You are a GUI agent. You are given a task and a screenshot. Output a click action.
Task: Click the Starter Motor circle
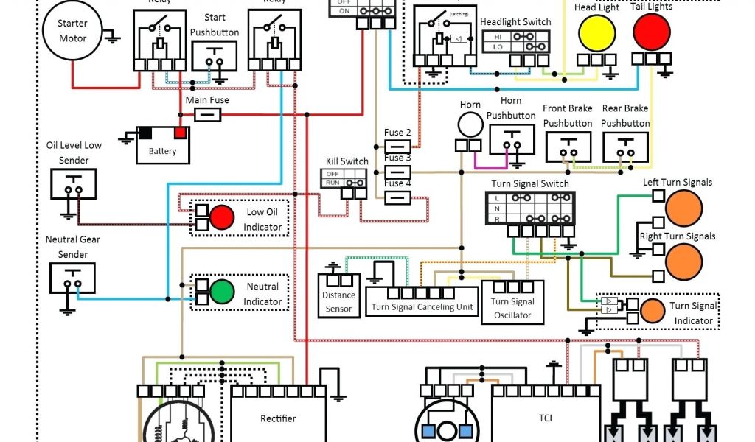coord(72,30)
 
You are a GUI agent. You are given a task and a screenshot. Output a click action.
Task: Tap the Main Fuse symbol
coord(207,114)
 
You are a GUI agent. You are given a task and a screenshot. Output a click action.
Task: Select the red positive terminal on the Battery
coord(180,133)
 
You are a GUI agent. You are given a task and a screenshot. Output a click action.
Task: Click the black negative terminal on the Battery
coord(146,133)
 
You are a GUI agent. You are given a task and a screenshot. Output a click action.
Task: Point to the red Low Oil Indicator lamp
coord(221,217)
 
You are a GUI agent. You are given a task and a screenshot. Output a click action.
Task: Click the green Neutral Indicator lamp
coord(221,292)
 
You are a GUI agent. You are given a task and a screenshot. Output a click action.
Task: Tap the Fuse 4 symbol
coord(397,197)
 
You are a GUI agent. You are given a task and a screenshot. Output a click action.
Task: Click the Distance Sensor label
coord(338,302)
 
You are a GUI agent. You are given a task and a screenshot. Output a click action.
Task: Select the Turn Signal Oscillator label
coord(512,308)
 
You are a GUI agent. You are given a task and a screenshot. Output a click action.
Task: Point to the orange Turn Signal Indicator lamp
coord(651,310)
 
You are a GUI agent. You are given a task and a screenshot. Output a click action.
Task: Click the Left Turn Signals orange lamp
coord(683,208)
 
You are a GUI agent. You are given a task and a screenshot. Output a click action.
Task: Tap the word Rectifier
coord(278,418)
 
